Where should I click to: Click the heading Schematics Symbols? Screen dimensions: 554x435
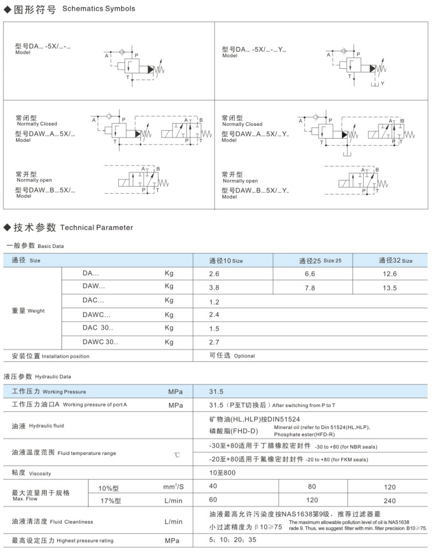click(x=99, y=9)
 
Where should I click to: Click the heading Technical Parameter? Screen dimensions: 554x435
click(x=96, y=227)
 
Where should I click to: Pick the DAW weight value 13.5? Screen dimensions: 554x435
click(x=390, y=288)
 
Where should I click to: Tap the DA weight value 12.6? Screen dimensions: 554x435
click(x=390, y=274)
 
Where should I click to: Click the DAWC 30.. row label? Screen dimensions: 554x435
click(x=100, y=342)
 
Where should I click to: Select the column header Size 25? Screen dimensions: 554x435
click(x=320, y=261)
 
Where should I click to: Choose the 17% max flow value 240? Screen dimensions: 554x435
click(x=390, y=500)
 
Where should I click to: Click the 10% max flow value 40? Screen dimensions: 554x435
click(x=213, y=487)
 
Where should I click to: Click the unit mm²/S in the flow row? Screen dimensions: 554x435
click(x=174, y=487)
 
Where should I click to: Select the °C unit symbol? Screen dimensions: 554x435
click(x=177, y=455)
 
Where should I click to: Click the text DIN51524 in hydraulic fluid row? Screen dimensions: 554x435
click(x=290, y=419)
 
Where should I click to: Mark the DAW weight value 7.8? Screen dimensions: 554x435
click(x=310, y=288)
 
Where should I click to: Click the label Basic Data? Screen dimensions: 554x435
click(x=50, y=246)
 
